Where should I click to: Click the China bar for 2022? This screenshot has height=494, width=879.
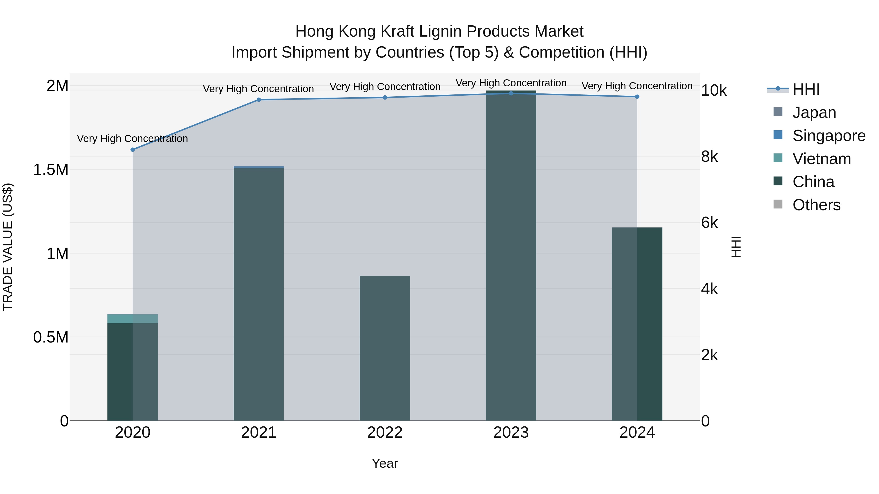coord(385,348)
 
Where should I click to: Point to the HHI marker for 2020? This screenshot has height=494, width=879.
coord(133,150)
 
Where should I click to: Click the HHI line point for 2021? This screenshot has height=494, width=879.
coord(259,100)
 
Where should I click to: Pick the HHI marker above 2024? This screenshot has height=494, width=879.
coord(637,97)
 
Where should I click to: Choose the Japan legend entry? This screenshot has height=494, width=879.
coord(814,112)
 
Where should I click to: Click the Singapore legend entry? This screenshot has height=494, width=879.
coord(828,136)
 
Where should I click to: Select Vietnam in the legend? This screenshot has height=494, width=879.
coord(821,159)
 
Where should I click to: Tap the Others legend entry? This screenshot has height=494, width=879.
coord(816,205)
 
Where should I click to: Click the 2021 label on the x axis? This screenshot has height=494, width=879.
coord(259,433)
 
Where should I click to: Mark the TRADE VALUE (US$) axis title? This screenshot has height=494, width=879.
coord(8,247)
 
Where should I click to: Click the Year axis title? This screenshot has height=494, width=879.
coord(385,463)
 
